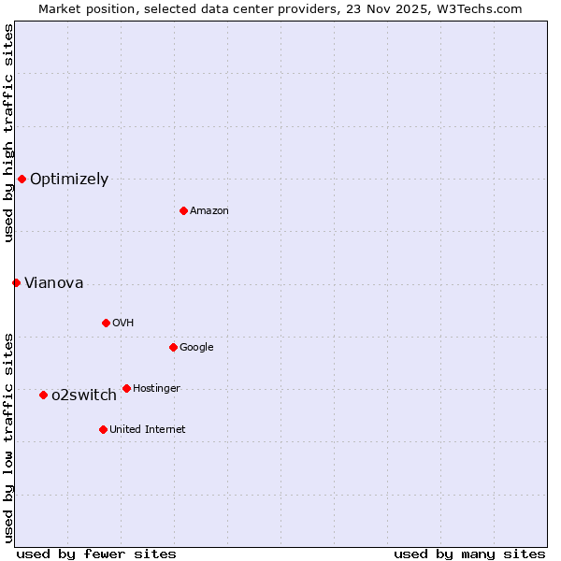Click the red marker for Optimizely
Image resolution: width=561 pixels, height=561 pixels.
pos(22,179)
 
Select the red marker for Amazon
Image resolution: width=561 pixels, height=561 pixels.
pos(183,210)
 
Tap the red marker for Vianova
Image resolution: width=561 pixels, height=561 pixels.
pos(16,282)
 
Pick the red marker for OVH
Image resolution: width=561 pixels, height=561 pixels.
pos(106,323)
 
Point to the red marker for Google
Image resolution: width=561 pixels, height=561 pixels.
pos(173,347)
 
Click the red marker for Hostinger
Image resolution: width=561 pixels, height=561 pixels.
pos(126,388)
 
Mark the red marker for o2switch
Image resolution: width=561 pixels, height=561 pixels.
pos(43,395)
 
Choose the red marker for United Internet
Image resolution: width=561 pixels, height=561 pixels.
pos(103,429)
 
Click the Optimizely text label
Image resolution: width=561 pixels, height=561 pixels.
pos(69,179)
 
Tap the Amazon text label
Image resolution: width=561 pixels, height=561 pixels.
pos(209,210)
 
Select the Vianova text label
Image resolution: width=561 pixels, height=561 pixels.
pos(53,282)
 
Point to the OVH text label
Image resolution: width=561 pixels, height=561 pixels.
pos(122,323)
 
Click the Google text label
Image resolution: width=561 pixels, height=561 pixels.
pos(196,347)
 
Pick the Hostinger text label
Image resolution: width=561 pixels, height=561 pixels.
pos(156,388)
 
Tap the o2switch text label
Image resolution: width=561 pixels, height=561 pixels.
pos(84,395)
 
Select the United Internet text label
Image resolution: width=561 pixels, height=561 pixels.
pos(148,429)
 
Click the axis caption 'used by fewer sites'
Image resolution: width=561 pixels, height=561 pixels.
pos(96,554)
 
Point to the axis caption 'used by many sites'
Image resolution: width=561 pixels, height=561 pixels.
pos(469,554)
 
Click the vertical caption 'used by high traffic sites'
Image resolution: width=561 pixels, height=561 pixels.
pos(8,133)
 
